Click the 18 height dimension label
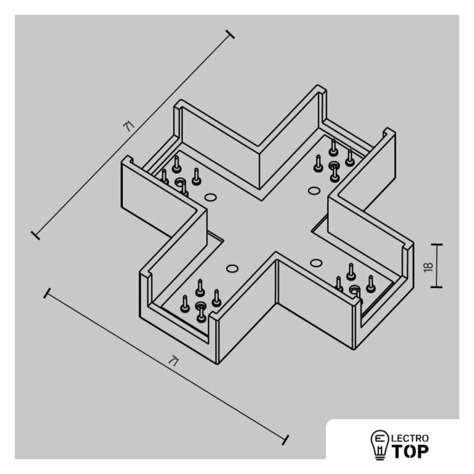(428, 267)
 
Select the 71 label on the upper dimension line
(130, 126)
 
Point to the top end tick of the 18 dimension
(436, 244)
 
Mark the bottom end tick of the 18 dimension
(436, 287)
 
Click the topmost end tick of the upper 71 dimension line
(230, 35)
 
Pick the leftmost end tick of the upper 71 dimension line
(36, 235)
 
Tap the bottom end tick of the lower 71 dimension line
(285, 440)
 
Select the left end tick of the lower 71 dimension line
(47, 293)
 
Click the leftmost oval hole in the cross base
(210, 198)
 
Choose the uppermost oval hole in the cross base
(314, 191)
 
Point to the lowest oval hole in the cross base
(232, 268)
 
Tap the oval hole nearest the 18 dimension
(316, 262)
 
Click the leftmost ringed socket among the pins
(179, 182)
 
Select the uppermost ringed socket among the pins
(334, 165)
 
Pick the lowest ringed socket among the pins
(201, 306)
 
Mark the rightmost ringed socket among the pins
(354, 290)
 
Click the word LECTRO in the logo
(410, 438)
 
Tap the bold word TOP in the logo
(410, 451)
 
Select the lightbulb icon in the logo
(380, 444)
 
